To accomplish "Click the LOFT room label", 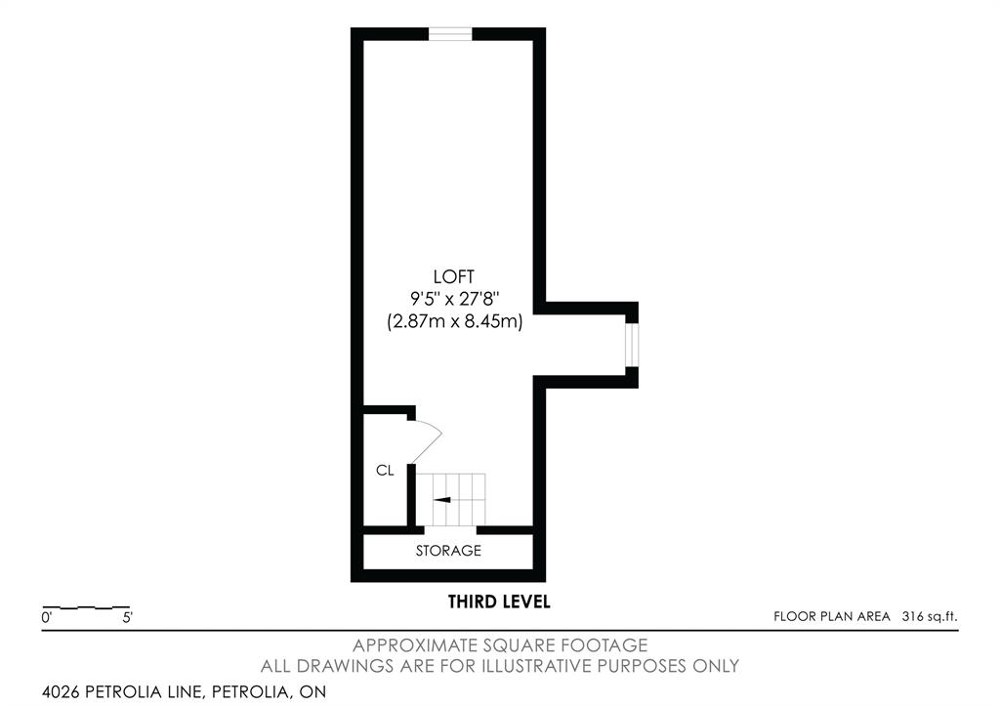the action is point(453,276).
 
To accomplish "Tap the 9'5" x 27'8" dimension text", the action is point(455,299).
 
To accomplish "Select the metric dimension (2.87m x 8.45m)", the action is point(455,321).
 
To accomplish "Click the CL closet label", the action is point(385,471).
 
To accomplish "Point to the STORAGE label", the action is point(448,551).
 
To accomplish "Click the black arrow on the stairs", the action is point(442,500).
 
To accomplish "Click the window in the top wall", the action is point(449,34).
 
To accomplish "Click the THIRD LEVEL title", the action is point(499,602).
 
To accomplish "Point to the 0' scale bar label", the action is point(46,617).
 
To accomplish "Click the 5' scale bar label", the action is point(128,617).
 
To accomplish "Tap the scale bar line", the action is point(86,607).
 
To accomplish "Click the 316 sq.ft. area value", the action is point(930,617).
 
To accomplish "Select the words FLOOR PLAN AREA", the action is point(832,617).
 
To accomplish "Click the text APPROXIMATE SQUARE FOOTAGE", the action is point(500,645).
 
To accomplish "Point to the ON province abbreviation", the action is point(312,691).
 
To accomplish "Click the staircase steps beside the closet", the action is point(451,500).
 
